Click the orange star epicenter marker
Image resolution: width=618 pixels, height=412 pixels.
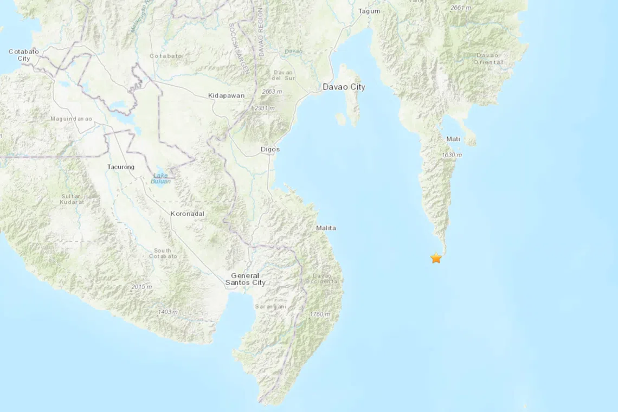coord(436,258)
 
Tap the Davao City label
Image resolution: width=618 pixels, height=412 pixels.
coord(344,87)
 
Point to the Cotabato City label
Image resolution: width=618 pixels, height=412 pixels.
coord(23,55)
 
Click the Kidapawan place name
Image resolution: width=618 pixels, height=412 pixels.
coord(226,95)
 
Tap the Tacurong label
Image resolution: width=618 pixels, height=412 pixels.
coord(121,167)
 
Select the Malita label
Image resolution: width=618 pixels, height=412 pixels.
coord(326,228)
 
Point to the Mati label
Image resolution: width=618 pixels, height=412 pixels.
coord(453,139)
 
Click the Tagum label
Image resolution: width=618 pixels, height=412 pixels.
coord(369,11)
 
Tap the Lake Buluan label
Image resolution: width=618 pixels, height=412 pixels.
coord(162,178)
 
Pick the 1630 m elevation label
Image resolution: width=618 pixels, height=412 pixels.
coord(452,156)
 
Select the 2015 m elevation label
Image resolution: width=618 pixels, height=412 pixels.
coord(141,286)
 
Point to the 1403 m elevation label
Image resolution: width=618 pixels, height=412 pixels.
coord(168,312)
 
